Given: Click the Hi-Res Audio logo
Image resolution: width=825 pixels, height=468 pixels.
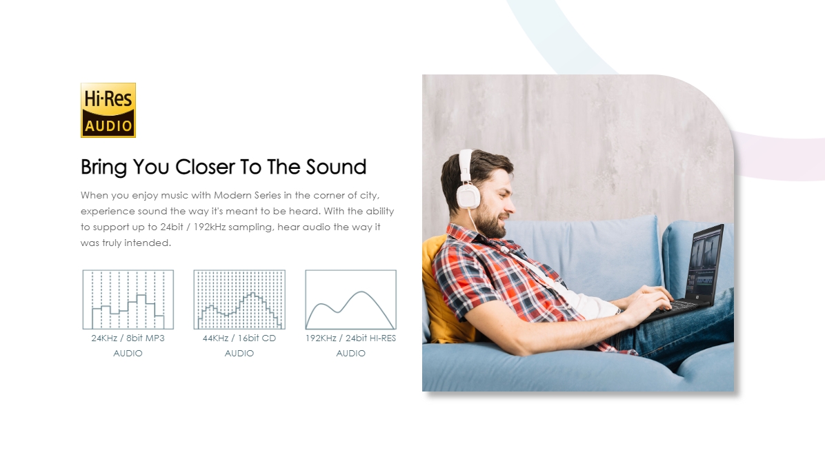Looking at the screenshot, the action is coord(108,110).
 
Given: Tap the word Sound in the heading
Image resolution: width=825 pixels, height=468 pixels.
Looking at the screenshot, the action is coord(336,167).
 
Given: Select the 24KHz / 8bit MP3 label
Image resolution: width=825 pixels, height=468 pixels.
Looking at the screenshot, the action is coord(128,338).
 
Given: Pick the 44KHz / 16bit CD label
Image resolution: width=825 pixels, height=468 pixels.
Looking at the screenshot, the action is coord(239,338).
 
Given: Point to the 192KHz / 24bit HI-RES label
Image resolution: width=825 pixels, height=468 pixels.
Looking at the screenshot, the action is coord(351,338).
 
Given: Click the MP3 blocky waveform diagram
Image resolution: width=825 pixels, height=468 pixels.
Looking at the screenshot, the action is coord(128,300).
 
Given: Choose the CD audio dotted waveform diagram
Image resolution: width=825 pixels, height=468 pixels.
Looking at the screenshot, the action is coord(239,300).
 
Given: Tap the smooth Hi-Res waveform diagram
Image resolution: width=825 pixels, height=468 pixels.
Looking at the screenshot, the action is coord(351,300).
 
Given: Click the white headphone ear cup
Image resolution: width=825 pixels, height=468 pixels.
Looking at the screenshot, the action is coord(468,196).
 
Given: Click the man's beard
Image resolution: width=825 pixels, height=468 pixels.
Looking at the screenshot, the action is coord(490,223).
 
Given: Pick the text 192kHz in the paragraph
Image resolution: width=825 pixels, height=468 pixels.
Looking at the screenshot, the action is coord(210,227).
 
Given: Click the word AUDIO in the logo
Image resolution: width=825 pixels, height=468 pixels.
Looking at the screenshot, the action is coord(108,126).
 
